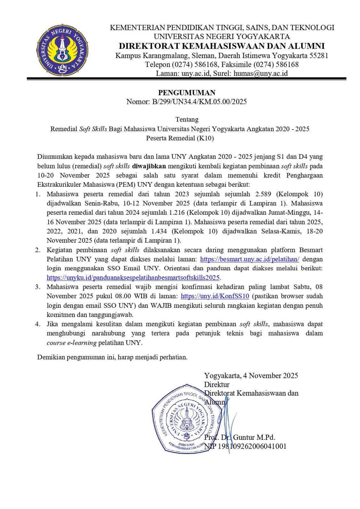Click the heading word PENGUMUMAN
point(187,93)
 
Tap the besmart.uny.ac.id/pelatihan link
point(249,259)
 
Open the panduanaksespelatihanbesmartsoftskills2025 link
point(133,278)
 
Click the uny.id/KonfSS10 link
point(215,296)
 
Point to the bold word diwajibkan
point(149,166)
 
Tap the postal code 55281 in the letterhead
point(319,56)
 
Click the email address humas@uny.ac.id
point(261,73)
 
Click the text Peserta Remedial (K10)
point(180,138)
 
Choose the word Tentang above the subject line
point(187,120)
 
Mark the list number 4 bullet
point(38,324)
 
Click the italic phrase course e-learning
point(72,343)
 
